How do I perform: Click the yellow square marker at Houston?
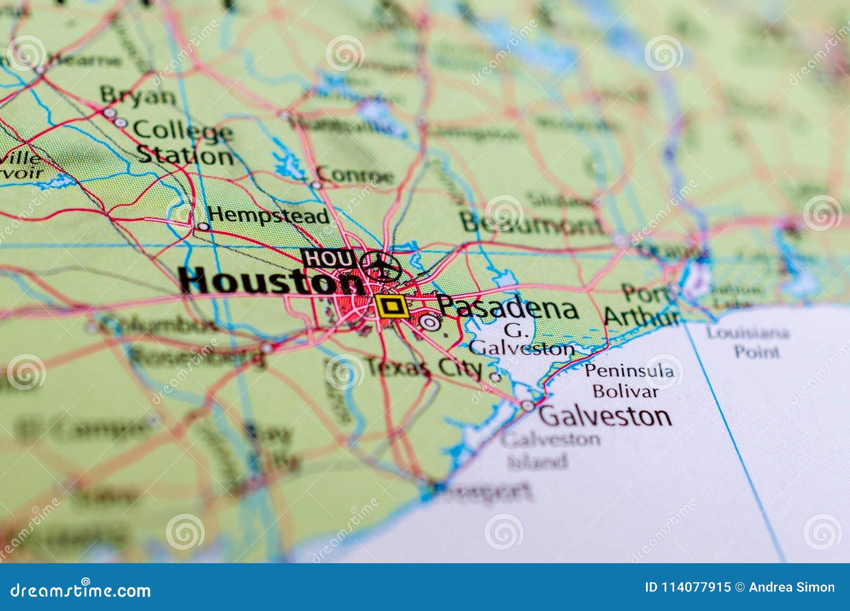point(391,307)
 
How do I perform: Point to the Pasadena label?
point(508,308)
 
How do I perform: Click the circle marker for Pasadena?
point(430,323)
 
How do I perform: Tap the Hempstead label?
point(268,216)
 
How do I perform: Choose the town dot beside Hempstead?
point(203,226)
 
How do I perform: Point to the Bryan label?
point(138,96)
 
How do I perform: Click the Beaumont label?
point(531,223)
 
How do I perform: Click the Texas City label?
point(425,367)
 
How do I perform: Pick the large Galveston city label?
point(605,415)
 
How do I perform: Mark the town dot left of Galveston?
point(527,406)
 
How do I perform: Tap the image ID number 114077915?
point(688,587)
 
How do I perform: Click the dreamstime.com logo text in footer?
point(81,590)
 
